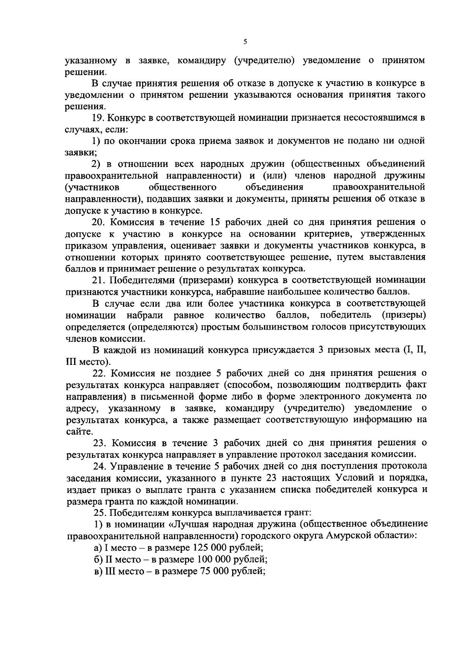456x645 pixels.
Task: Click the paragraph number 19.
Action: click(x=98, y=117)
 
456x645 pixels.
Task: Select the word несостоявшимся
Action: click(x=380, y=117)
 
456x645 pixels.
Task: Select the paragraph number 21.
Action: click(x=98, y=280)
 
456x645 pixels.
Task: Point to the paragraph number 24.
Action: click(x=98, y=466)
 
